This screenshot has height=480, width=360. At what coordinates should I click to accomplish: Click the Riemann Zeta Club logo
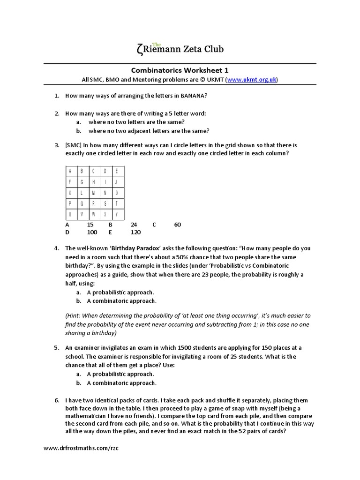[179, 48]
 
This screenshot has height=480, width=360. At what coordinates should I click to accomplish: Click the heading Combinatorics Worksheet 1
[180, 69]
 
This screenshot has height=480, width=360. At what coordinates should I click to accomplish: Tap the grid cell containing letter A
[70, 171]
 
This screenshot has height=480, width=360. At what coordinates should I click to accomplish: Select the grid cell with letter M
[93, 193]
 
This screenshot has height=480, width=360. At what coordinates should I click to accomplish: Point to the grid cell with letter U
[70, 214]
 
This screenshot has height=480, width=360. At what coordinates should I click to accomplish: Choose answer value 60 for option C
[177, 225]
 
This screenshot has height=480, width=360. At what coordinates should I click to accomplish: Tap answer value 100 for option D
[92, 232]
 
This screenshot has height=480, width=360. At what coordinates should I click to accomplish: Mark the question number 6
[56, 400]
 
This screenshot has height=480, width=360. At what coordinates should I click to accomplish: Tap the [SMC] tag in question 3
[74, 145]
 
